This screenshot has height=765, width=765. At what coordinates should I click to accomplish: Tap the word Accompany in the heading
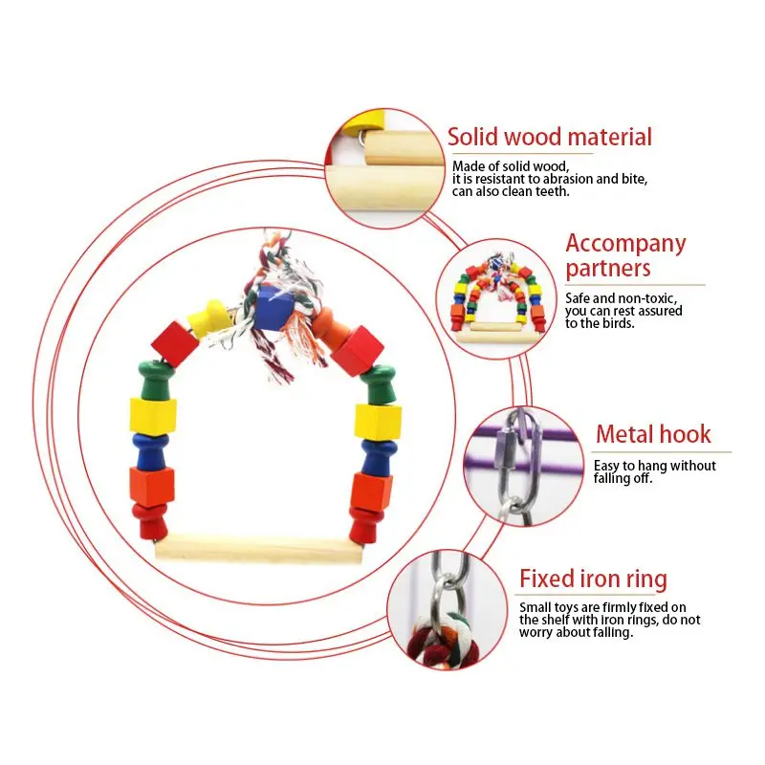pos(625,243)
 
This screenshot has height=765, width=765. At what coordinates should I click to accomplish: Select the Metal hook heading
pos(653,434)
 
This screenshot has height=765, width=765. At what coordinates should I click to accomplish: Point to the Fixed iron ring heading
pos(593,579)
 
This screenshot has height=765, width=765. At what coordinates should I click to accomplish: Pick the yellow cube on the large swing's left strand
pos(153,415)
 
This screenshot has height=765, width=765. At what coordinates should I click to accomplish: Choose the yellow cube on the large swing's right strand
pos(378,421)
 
